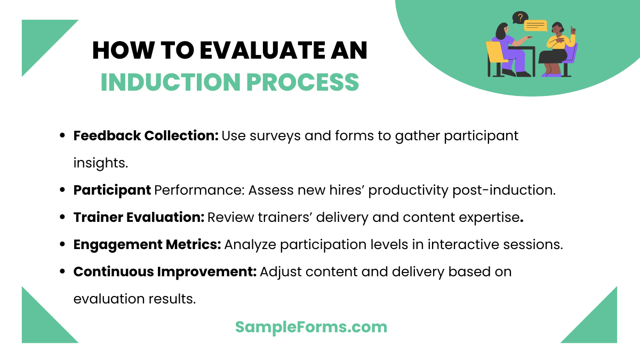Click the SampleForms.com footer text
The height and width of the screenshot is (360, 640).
[311, 327]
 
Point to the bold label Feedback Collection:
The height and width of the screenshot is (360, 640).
[146, 136]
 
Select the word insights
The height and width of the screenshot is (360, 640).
[100, 163]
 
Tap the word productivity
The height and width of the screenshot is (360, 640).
[409, 190]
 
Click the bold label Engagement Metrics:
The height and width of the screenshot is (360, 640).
[147, 245]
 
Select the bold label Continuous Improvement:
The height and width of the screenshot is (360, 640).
[165, 272]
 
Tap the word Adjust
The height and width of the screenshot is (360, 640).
[281, 272]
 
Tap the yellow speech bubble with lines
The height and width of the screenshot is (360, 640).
[535, 25]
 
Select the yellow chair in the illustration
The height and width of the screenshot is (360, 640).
[496, 57]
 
